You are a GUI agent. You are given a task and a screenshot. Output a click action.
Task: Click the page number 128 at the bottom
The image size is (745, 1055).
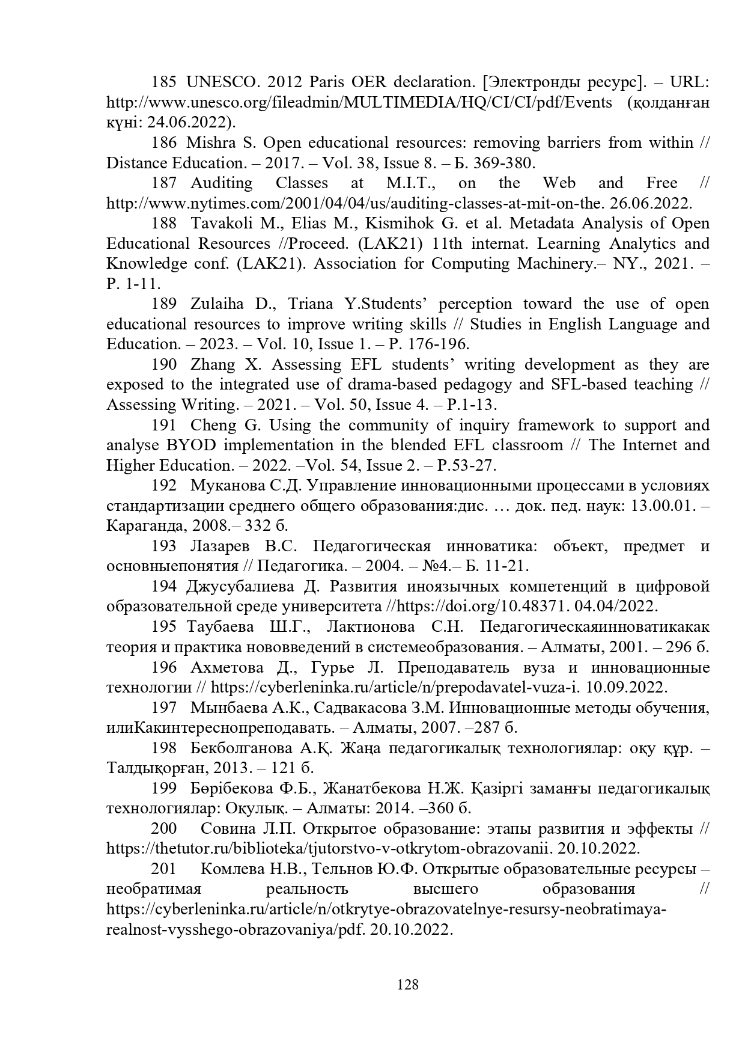coord(408,985)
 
